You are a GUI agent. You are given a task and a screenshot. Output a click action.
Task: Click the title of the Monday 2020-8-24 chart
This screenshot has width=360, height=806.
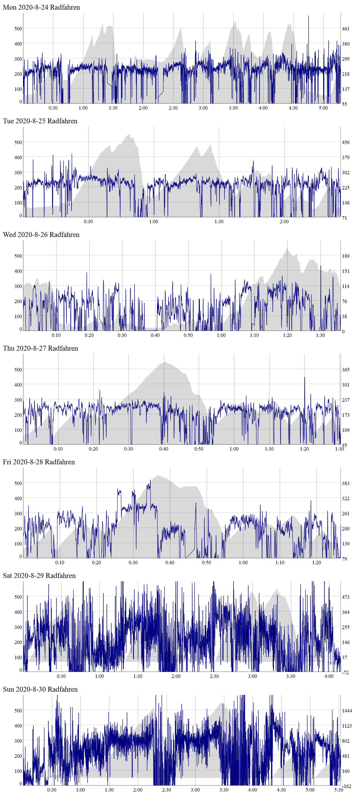(41, 7)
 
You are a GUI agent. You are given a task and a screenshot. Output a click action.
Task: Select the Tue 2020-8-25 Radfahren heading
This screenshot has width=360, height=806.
(40, 121)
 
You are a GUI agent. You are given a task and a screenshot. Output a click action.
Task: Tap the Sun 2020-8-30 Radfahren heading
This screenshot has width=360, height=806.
(40, 689)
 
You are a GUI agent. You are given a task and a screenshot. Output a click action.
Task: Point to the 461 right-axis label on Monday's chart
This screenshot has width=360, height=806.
(346, 29)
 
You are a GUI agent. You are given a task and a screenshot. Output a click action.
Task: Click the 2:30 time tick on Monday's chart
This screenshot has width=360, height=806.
(173, 108)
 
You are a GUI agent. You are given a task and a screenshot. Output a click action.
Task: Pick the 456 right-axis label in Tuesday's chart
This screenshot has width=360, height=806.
(346, 142)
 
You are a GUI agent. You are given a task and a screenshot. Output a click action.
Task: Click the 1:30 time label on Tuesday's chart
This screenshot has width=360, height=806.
(219, 222)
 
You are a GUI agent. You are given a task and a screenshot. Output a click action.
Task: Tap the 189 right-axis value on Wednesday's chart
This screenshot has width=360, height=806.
(346, 256)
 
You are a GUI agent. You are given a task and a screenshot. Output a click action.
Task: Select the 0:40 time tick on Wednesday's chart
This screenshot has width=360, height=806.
(155, 335)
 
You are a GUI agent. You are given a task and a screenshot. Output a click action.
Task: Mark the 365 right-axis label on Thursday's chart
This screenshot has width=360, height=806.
(346, 369)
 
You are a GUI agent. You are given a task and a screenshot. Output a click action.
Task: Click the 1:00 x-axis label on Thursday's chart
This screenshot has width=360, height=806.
(234, 449)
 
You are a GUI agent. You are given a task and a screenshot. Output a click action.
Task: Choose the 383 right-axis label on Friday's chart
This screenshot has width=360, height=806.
(346, 483)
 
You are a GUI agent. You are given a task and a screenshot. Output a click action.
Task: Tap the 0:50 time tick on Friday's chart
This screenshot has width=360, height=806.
(206, 562)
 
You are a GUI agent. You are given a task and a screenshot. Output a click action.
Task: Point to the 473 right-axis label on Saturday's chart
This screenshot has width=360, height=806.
(346, 597)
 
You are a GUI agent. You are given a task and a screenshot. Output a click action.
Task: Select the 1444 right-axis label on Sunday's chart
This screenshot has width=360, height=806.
(347, 710)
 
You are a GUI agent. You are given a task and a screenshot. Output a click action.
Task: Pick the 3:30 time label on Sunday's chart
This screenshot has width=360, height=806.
(224, 790)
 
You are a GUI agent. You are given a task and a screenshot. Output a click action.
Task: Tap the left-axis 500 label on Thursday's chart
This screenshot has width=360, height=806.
(18, 369)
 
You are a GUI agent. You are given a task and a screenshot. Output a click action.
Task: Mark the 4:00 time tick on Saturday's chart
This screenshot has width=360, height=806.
(329, 676)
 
